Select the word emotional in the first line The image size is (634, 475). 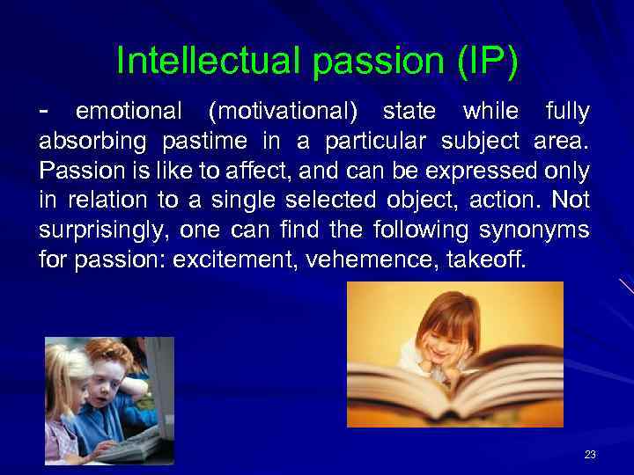click(x=129, y=113)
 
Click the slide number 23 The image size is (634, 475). click(x=590, y=455)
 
